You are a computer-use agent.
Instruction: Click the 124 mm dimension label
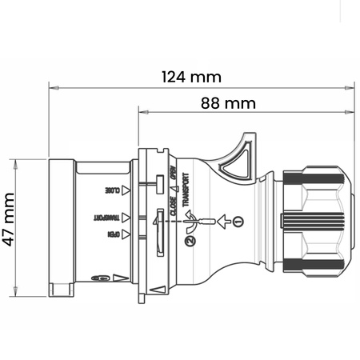click(x=191, y=77)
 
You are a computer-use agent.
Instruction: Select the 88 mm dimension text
click(x=229, y=103)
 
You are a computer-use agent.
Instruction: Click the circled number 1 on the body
click(x=238, y=219)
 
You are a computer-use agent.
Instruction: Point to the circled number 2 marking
click(x=190, y=240)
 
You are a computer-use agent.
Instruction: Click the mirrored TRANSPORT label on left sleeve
click(x=110, y=217)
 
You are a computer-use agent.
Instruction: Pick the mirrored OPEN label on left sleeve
click(x=115, y=235)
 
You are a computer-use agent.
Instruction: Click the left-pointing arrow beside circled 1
click(x=222, y=219)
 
